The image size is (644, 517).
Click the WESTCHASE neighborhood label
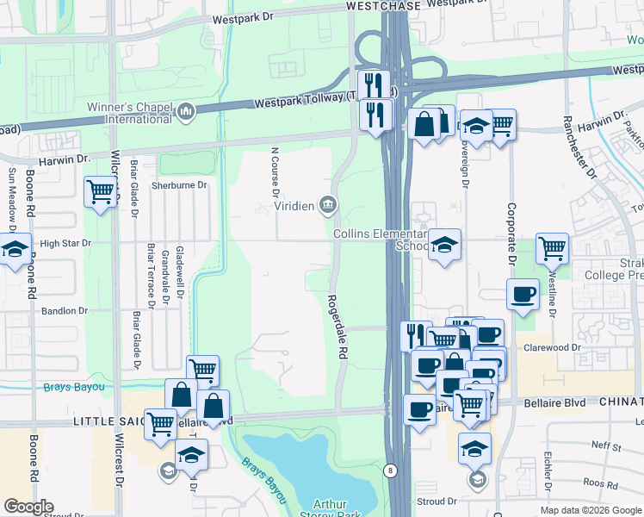click(x=383, y=6)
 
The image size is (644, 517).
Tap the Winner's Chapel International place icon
click(x=186, y=111)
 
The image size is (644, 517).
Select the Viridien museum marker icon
click(x=328, y=204)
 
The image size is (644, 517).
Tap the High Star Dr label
click(x=65, y=244)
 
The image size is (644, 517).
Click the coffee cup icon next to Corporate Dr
click(x=523, y=293)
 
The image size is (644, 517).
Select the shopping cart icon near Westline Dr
click(x=552, y=248)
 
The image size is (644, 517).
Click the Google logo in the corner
click(x=28, y=507)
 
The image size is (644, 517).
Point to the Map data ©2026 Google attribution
click(x=591, y=510)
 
